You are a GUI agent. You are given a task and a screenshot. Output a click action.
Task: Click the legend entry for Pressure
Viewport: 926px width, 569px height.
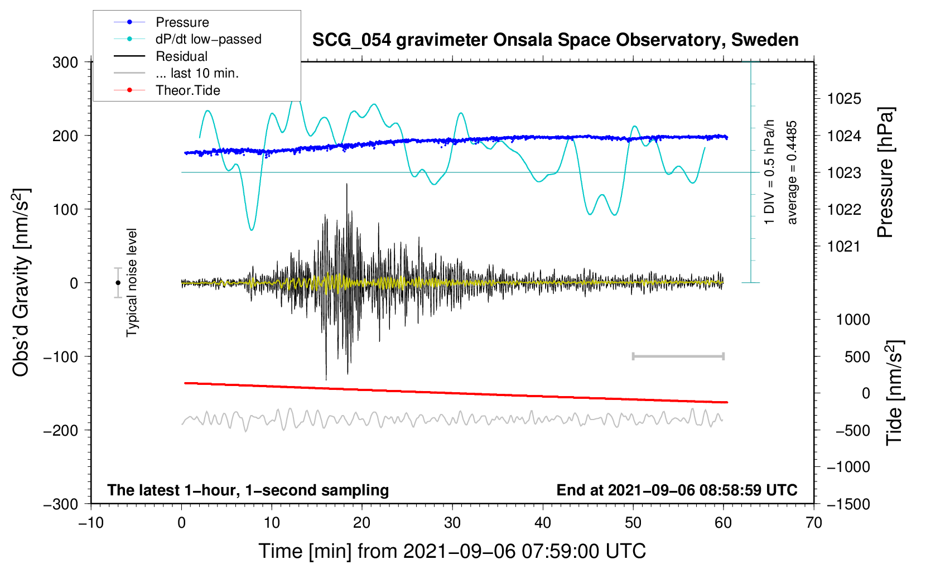point(182,22)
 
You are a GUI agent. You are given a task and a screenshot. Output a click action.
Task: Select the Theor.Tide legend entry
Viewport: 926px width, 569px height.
point(187,90)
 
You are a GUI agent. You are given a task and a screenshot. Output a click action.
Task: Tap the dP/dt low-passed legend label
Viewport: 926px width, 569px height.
point(208,39)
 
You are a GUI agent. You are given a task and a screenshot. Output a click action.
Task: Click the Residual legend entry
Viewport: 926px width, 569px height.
point(181,56)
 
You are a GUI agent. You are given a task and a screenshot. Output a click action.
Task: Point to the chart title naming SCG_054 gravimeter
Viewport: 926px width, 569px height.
point(555,40)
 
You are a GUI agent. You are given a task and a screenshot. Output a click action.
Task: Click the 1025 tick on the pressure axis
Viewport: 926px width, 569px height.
point(844,99)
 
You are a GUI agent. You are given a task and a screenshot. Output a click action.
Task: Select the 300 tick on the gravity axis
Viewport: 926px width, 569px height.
point(65,62)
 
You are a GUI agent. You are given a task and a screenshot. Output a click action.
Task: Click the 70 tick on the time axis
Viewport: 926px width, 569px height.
point(814,523)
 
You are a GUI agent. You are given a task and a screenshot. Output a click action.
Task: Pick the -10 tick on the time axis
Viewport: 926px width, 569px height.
point(91,523)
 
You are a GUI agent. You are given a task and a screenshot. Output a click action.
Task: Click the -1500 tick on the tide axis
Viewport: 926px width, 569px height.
point(848,504)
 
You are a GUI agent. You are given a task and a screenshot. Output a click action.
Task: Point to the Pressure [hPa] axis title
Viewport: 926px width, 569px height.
point(885,173)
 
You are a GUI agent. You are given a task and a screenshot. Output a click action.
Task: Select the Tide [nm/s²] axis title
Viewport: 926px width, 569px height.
point(894,393)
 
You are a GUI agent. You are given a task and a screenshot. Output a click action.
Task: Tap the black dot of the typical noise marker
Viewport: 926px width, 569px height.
point(118,283)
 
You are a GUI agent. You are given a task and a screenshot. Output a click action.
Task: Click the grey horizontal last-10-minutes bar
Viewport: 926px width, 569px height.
point(678,356)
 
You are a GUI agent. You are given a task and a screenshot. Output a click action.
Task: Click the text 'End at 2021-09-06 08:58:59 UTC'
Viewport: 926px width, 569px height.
point(677,490)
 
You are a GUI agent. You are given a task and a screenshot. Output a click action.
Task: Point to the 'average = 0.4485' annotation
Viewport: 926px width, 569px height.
point(792,173)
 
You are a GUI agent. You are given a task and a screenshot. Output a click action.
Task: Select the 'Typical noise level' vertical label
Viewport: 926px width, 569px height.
point(132,283)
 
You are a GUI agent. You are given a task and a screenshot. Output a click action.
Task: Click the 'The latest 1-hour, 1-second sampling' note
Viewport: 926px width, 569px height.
point(248,490)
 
